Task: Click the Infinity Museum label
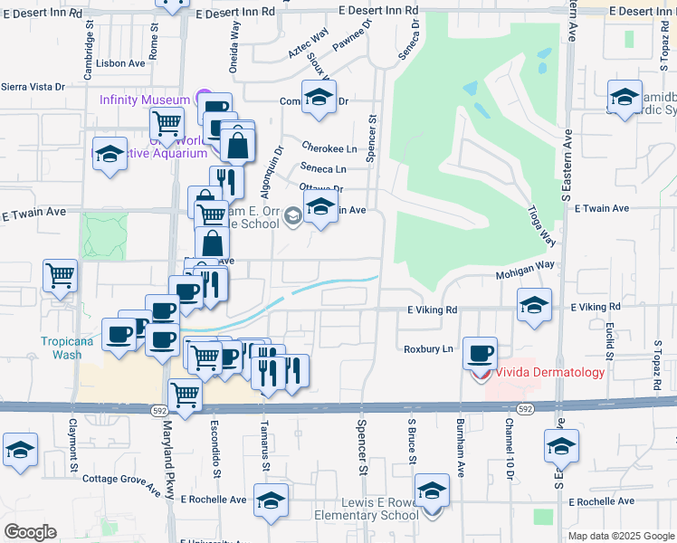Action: click(x=145, y=100)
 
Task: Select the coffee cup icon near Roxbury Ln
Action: click(x=481, y=352)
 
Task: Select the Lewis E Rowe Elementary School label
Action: click(x=366, y=510)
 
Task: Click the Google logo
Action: click(x=30, y=532)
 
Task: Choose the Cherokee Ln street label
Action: click(x=329, y=148)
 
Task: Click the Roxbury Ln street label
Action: click(x=428, y=348)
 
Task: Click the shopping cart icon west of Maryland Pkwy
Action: click(x=62, y=273)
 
